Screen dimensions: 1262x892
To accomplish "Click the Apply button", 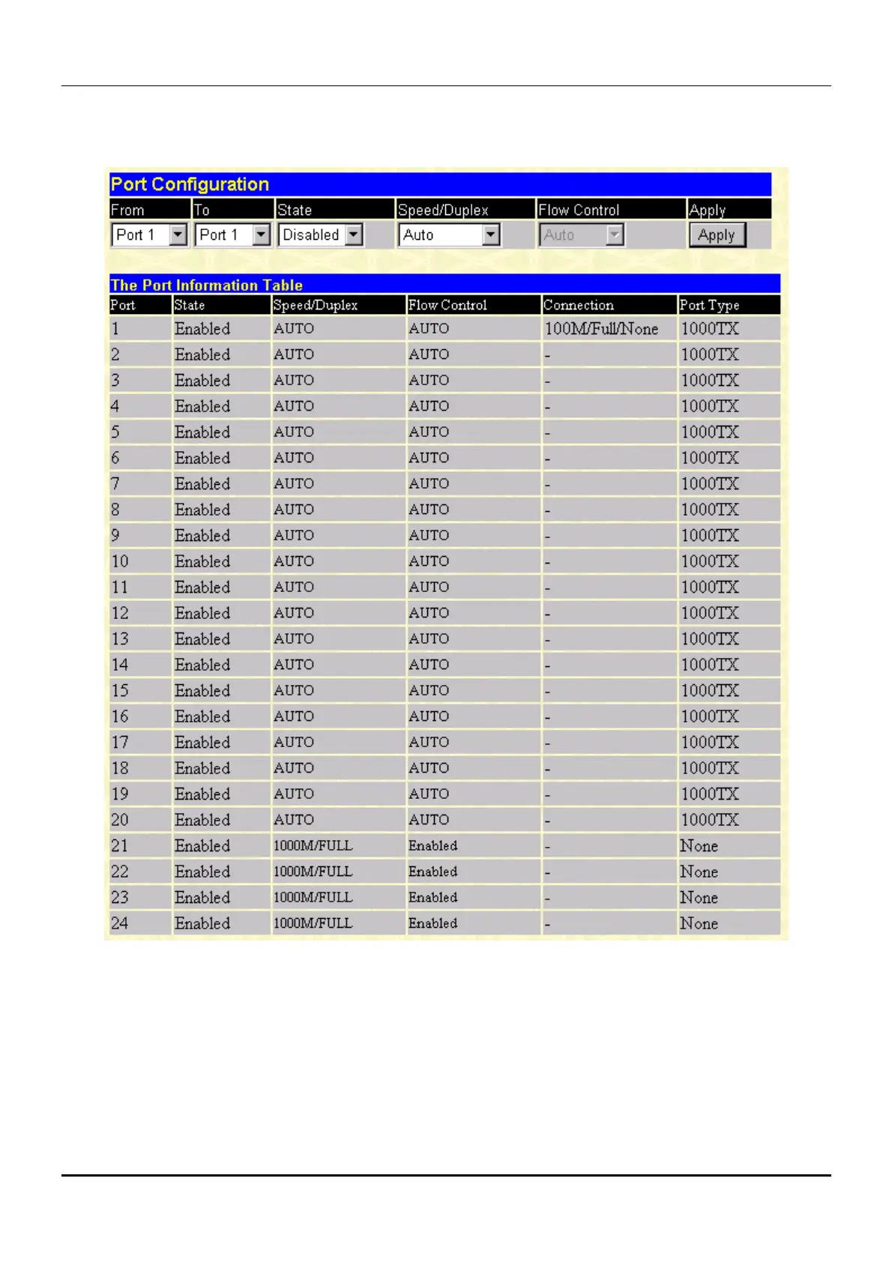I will coord(717,235).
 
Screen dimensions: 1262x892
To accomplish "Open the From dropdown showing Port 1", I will coord(148,235).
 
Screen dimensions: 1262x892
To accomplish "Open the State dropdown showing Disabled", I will coord(320,235).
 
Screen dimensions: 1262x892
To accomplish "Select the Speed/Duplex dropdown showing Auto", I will coord(448,235).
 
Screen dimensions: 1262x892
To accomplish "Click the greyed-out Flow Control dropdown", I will coord(581,235).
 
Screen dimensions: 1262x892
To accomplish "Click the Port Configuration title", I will coord(190,184).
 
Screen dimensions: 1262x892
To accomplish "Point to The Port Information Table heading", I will coord(206,286).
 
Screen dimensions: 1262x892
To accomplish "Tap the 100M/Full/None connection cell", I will coord(601,329).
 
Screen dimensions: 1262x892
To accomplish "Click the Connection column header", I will coord(578,305).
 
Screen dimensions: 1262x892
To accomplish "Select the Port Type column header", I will coord(709,305).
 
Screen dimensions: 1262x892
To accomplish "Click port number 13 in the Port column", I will coord(120,639).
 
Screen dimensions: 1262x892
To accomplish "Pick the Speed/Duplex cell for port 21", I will coord(313,846).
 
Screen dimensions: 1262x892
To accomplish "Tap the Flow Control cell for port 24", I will coord(433,923).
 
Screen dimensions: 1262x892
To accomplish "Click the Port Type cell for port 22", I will coord(699,872).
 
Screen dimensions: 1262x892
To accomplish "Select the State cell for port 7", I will coord(202,484).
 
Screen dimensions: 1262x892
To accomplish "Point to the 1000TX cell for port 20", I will coord(709,820).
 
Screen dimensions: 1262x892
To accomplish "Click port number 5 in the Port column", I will coord(115,432).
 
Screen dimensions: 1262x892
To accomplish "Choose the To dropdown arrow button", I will coord(261,235).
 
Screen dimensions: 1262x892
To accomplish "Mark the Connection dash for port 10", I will coord(548,562).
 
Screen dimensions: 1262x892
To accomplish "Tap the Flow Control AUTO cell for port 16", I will coord(429,716).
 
